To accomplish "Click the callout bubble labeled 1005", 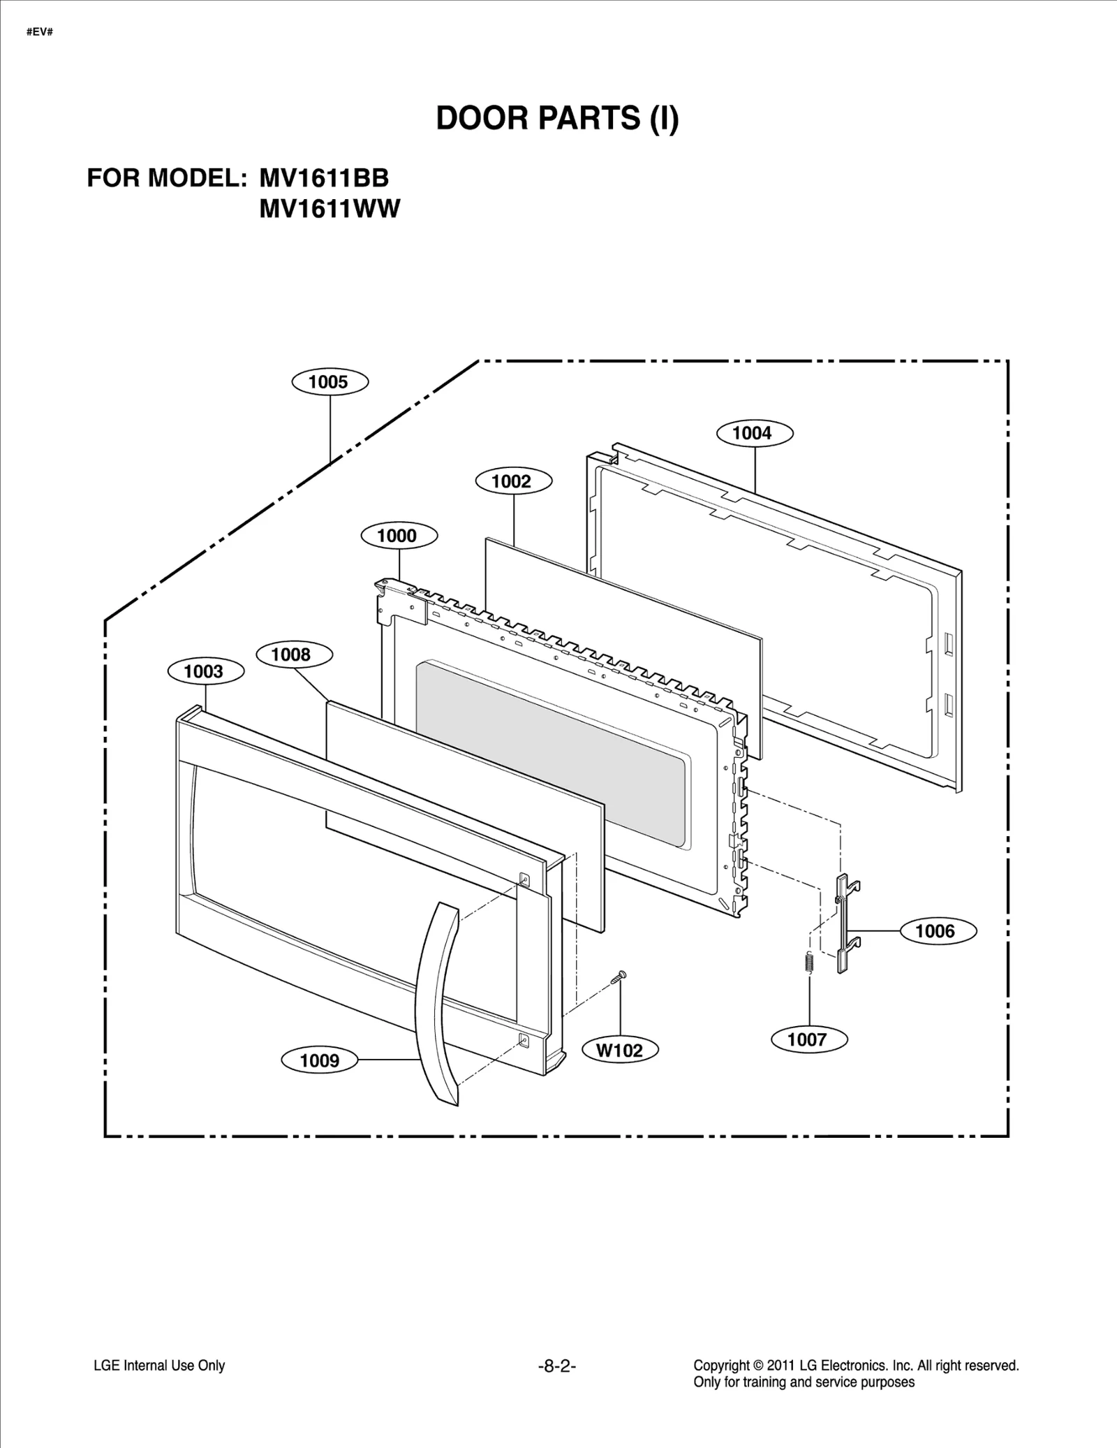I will pos(329,382).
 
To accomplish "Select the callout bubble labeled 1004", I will pos(754,433).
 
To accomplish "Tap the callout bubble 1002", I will pos(513,481).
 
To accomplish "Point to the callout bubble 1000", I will pos(399,536).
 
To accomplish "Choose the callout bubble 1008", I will pos(293,654).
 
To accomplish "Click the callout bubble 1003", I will pos(205,671).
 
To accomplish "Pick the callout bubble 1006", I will pos(936,930).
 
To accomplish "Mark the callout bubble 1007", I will pos(808,1039).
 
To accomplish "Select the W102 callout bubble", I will pos(620,1050).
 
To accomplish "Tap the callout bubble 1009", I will pos(320,1060).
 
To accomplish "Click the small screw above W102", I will pos(619,977).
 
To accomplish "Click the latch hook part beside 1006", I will pos(846,922).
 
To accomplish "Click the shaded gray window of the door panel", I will pos(552,754).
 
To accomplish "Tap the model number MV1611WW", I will pos(330,209).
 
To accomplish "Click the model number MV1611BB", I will pos(324,178).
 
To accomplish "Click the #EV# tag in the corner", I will pos(39,32).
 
